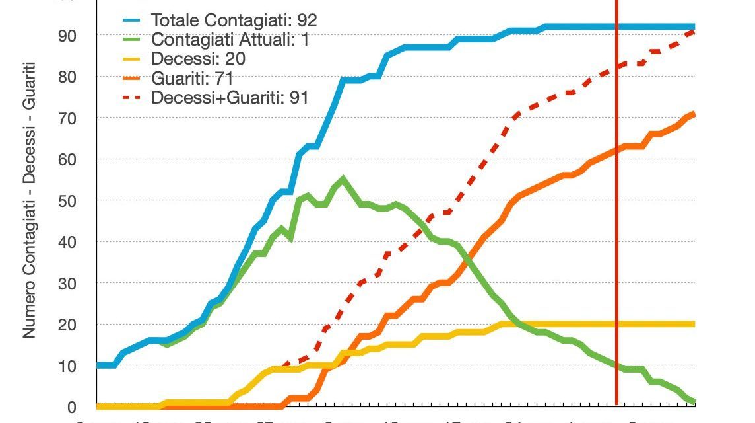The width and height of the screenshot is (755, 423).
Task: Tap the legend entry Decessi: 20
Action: pyautogui.click(x=198, y=59)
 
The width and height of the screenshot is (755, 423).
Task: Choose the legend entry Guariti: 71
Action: pyautogui.click(x=192, y=79)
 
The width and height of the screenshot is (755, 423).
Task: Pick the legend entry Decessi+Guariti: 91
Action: pyautogui.click(x=230, y=98)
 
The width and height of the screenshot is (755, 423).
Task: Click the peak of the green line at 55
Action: pyautogui.click(x=343, y=178)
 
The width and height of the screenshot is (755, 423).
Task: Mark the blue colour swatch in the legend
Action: pyautogui.click(x=133, y=20)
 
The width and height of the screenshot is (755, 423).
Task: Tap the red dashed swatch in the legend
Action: pyautogui.click(x=133, y=99)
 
